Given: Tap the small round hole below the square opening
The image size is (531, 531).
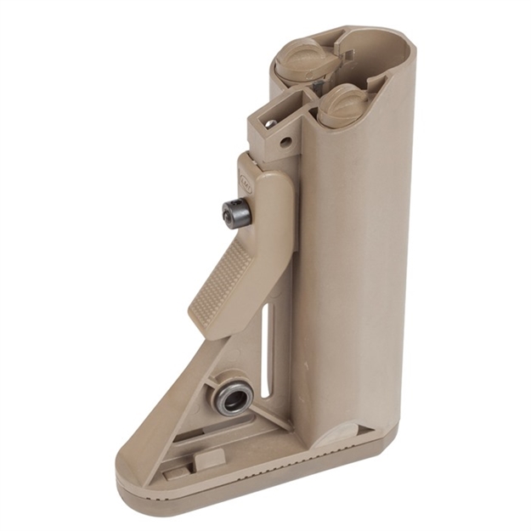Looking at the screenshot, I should click(x=285, y=142).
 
